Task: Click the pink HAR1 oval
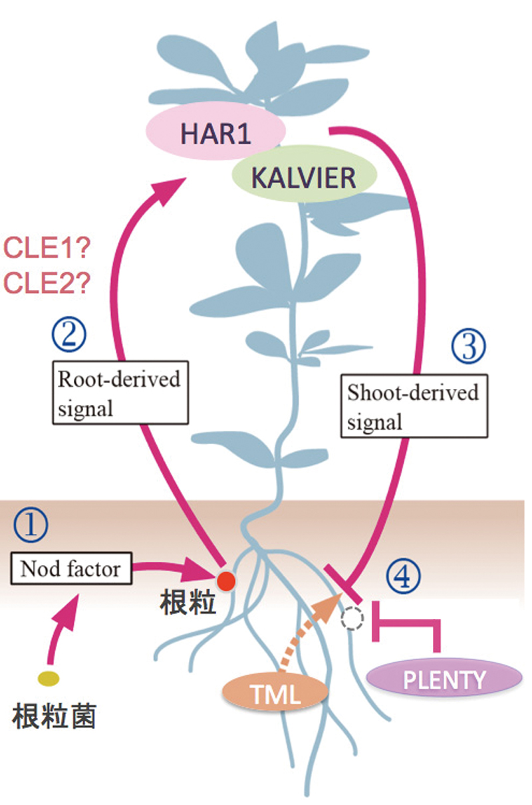pos(216,133)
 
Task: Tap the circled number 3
pos(469,346)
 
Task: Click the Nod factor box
pos(71,569)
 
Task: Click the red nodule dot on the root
pos(226,581)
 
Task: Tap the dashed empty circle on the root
pos(352,620)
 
